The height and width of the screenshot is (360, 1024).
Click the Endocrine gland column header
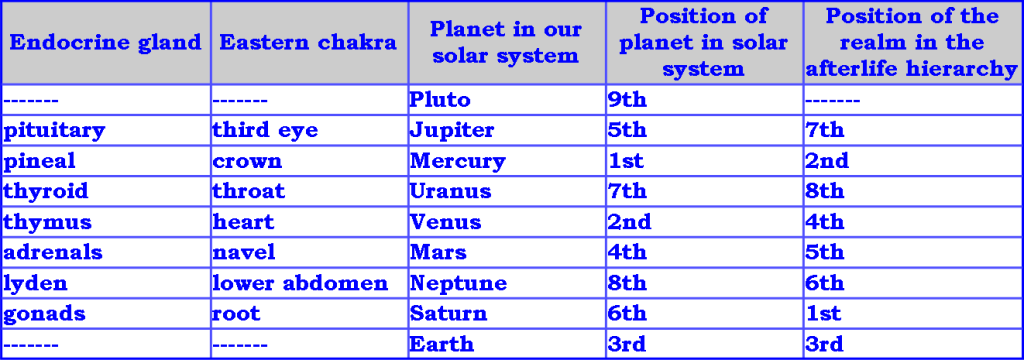click(x=105, y=43)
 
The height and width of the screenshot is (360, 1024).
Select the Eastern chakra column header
click(x=308, y=43)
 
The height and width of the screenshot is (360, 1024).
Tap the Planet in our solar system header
click(x=505, y=43)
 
